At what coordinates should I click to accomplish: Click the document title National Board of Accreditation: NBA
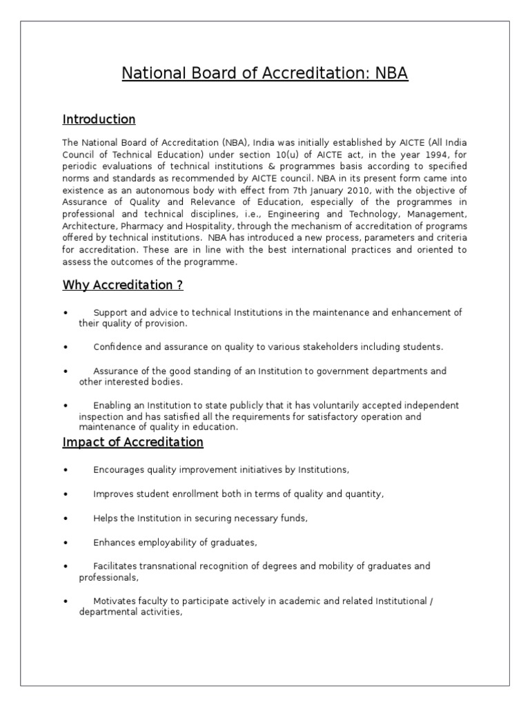pyautogui.click(x=265, y=73)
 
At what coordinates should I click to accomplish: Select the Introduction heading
pyautogui.click(x=99, y=119)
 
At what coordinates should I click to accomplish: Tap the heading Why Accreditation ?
pyautogui.click(x=123, y=285)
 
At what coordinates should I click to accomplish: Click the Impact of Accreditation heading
pyautogui.click(x=132, y=442)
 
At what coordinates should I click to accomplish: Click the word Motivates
pyautogui.click(x=115, y=601)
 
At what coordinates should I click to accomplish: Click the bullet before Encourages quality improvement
pyautogui.click(x=64, y=471)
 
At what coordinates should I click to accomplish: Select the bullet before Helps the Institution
pyautogui.click(x=64, y=519)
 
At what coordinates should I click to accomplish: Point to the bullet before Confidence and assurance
pyautogui.click(x=64, y=347)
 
